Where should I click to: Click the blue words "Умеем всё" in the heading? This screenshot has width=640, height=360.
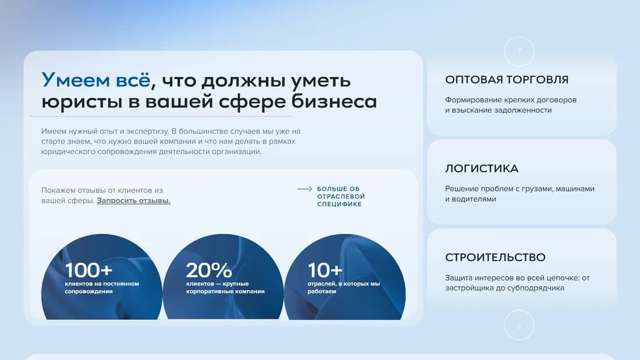click(x=95, y=80)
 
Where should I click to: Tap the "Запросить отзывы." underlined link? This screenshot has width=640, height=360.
click(x=133, y=201)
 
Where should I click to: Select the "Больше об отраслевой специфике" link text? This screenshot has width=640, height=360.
click(x=340, y=197)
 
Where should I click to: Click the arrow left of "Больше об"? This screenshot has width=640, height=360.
click(x=305, y=189)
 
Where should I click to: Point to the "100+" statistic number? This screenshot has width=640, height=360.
click(x=89, y=270)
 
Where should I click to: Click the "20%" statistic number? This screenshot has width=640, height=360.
click(x=209, y=270)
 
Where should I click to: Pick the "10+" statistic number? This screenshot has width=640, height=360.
click(x=325, y=270)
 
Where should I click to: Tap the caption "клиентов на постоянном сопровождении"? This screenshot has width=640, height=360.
click(x=102, y=287)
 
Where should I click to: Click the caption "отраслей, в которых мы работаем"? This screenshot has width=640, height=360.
click(x=343, y=287)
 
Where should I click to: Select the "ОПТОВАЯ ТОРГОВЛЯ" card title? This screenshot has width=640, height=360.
click(x=506, y=80)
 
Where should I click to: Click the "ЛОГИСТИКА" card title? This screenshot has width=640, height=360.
click(x=481, y=169)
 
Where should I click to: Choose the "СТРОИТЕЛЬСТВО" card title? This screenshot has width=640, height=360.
click(x=495, y=257)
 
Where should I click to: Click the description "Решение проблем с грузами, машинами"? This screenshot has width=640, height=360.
click(x=520, y=189)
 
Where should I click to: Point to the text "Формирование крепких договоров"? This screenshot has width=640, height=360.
click(x=510, y=100)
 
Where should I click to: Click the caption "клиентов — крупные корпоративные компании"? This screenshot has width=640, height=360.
click(x=225, y=287)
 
